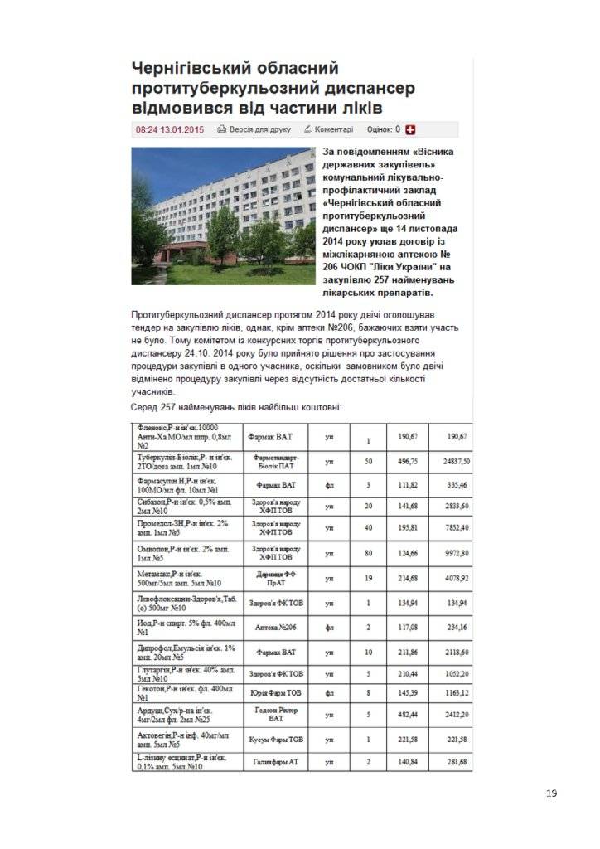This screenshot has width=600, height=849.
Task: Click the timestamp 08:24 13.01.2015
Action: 169,129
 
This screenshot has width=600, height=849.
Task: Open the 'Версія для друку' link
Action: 254,129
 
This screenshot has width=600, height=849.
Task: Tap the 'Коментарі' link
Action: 328,129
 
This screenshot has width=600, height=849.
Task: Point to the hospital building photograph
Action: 222,216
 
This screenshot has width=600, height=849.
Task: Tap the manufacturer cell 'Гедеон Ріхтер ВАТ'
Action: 276,716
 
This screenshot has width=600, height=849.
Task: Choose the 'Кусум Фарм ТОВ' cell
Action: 276,739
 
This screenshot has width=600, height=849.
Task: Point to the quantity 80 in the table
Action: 365,552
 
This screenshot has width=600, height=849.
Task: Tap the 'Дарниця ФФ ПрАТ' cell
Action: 276,576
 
